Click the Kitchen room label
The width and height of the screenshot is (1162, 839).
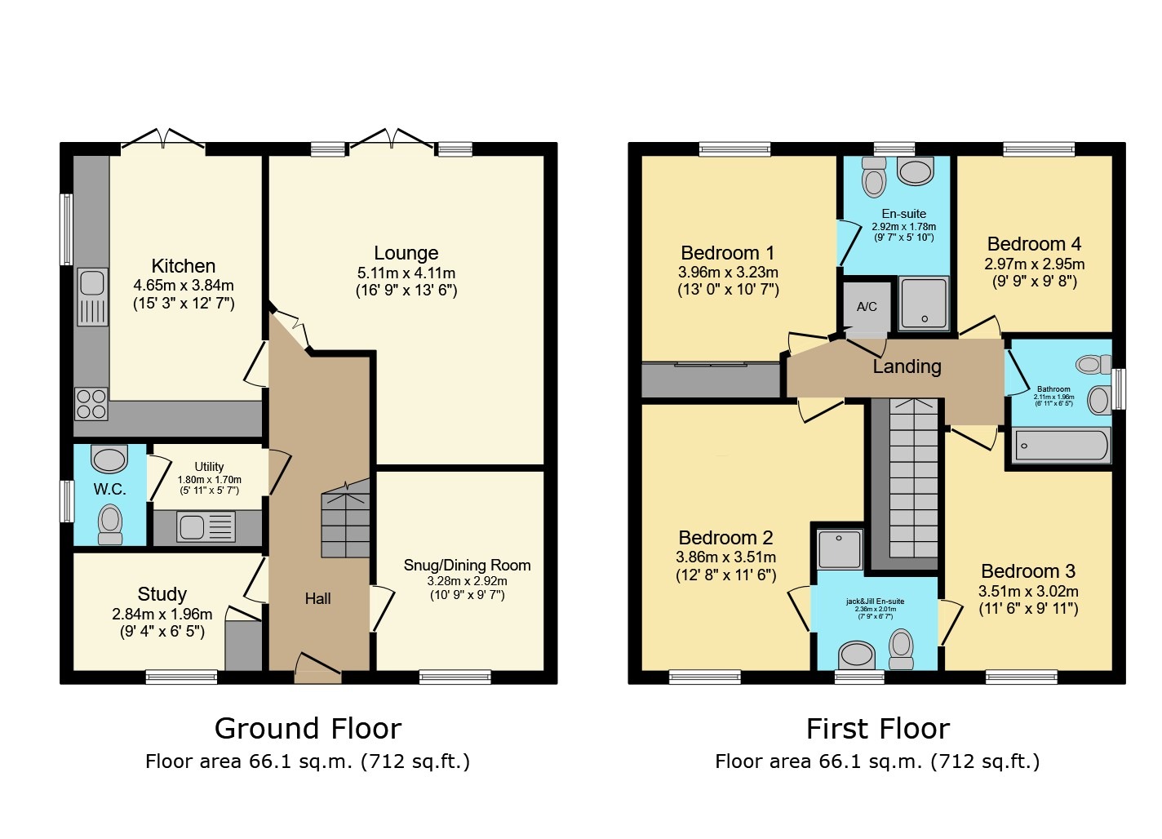tap(184, 266)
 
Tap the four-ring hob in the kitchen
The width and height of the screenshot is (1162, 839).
tap(91, 403)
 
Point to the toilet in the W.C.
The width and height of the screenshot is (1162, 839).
tap(109, 522)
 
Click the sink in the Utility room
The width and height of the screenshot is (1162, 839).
tap(193, 527)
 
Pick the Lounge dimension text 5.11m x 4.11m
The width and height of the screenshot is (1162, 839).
tap(406, 273)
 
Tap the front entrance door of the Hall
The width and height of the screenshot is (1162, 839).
tap(318, 668)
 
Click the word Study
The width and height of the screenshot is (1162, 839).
tap(162, 594)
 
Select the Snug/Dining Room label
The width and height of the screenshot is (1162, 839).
tap(467, 565)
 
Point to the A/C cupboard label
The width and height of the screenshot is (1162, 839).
tap(867, 307)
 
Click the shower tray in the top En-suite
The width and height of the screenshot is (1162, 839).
tap(924, 303)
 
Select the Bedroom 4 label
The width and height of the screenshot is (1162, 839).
tap(1034, 244)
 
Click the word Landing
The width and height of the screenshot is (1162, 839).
tap(907, 366)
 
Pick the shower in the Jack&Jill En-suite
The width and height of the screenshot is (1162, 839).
tap(840, 549)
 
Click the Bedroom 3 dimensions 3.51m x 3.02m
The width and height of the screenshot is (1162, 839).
tap(1028, 592)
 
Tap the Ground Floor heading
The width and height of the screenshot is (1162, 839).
tap(308, 728)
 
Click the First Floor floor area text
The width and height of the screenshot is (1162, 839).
tap(877, 761)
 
